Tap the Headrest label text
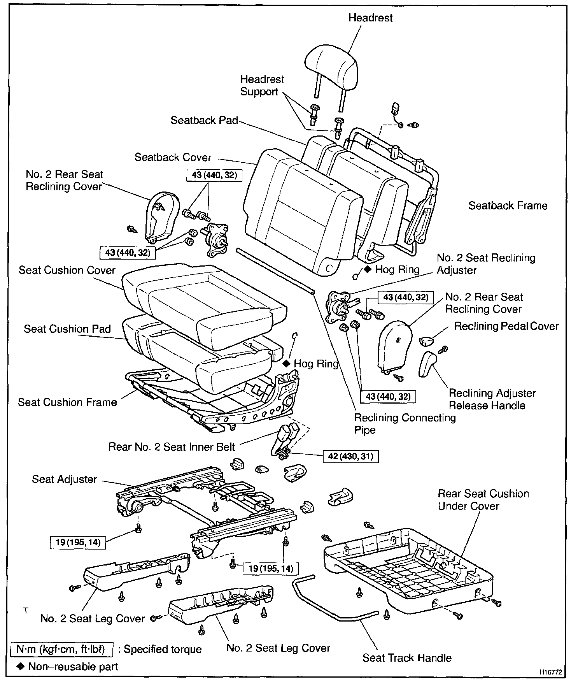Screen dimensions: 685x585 coord(370,18)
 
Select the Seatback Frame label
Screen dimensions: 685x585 coord(508,205)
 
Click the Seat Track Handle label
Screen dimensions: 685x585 coord(407,658)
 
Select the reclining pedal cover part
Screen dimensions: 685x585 coord(426,341)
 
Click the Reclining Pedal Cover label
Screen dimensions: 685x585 coord(506,326)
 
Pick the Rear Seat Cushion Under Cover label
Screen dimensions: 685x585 coord(483,500)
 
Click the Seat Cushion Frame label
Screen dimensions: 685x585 coord(67,402)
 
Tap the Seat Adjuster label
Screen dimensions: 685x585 coord(64,479)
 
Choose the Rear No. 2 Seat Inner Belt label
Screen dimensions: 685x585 coord(172,447)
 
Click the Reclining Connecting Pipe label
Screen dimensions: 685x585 coord(405,424)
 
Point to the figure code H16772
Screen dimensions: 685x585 coord(550,672)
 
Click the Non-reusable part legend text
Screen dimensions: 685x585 coord(73,667)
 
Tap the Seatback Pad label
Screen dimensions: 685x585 coord(204,120)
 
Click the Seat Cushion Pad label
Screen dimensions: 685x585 coord(67,329)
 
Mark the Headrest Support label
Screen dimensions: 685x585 coord(262,86)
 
